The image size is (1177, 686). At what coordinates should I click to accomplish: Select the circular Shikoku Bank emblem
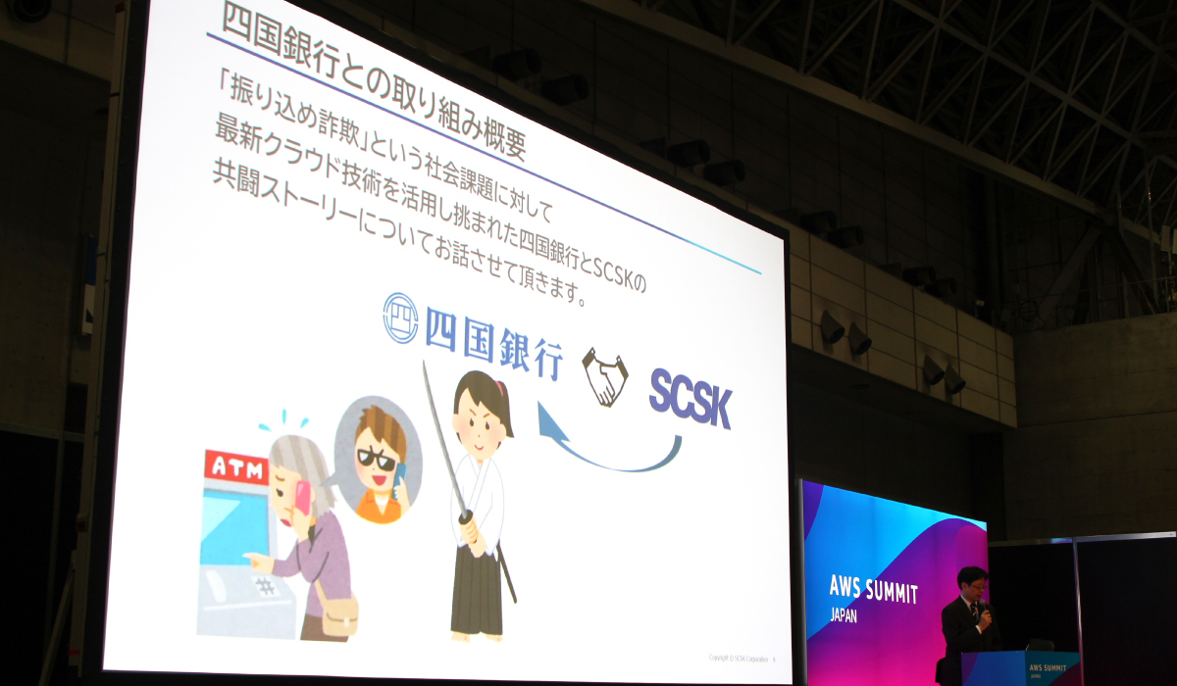click(400, 317)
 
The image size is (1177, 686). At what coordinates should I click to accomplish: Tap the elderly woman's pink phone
click(302, 498)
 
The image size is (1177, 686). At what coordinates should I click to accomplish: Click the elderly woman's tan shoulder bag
click(337, 614)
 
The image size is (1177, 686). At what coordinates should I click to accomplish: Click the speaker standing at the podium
click(966, 617)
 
